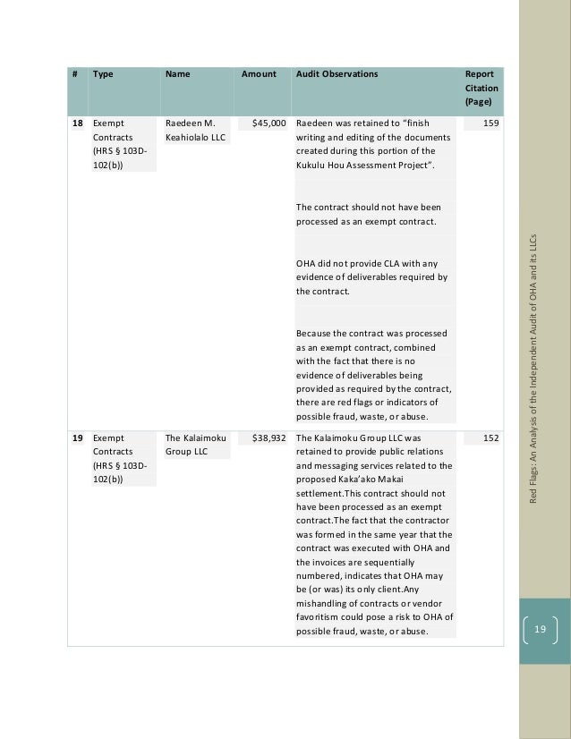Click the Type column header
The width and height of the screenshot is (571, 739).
pos(103,74)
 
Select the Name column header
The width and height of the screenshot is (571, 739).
pos(178,74)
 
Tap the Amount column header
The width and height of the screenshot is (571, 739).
pos(260,74)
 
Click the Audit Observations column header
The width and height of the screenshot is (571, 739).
pos(337,74)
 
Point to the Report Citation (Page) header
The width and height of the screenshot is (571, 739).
pos(482,89)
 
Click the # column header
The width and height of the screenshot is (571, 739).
pos(76,74)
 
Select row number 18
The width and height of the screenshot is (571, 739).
pos(78,123)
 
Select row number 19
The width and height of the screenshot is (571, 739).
pos(78,439)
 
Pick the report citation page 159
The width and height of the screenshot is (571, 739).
pos(490,123)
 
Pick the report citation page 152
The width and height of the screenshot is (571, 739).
pos(490,439)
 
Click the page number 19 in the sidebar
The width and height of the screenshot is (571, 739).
pos(540,631)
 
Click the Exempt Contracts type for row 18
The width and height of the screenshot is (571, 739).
pos(120,144)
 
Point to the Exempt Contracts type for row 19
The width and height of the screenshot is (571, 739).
pos(120,459)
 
